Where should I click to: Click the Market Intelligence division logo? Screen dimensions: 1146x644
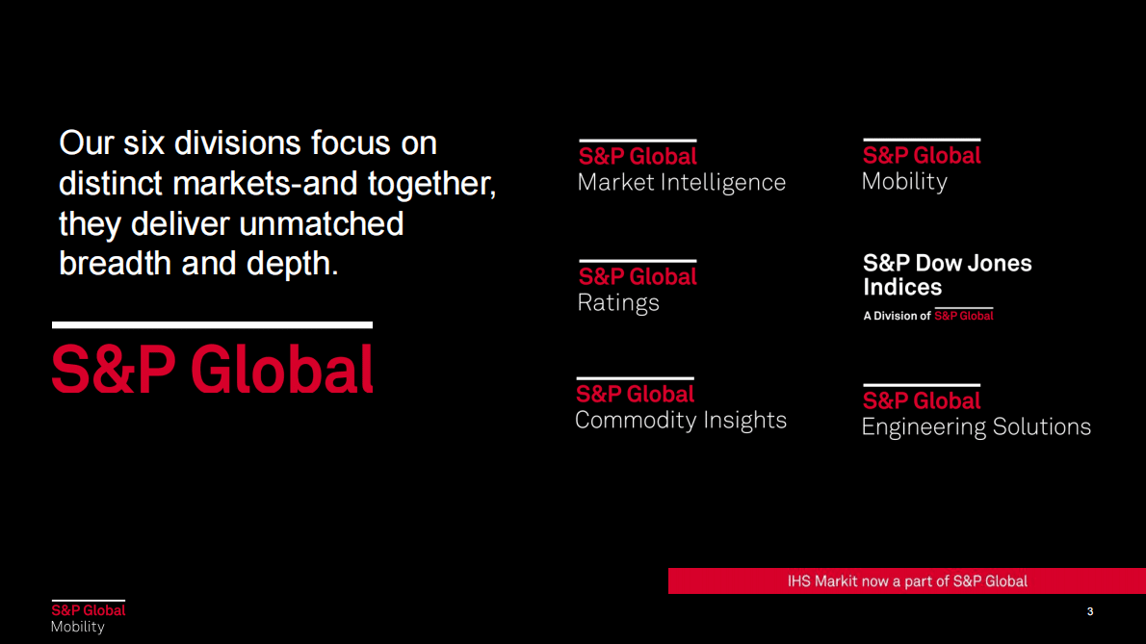point(682,167)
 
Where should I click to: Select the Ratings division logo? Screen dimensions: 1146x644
point(638,287)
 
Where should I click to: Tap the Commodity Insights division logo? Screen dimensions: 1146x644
point(681,405)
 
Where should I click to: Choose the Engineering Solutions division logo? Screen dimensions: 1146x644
point(977,412)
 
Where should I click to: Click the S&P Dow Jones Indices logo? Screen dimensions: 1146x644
point(948,287)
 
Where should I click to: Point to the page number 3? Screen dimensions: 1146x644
point(1090,612)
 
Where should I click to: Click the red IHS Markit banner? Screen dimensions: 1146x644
point(907,581)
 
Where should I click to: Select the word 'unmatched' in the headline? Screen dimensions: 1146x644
point(322,223)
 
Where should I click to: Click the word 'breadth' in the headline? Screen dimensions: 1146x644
point(115,264)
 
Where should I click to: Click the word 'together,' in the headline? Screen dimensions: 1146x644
point(432,184)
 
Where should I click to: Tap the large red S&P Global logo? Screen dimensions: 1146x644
point(213,371)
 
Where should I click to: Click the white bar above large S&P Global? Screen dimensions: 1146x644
point(212,325)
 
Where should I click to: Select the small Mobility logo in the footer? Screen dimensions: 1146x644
point(89,617)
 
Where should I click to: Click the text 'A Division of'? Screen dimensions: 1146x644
point(897,316)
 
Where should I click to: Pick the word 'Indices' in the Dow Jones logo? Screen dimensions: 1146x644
point(902,287)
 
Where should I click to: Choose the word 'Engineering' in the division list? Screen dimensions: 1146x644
point(924,427)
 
